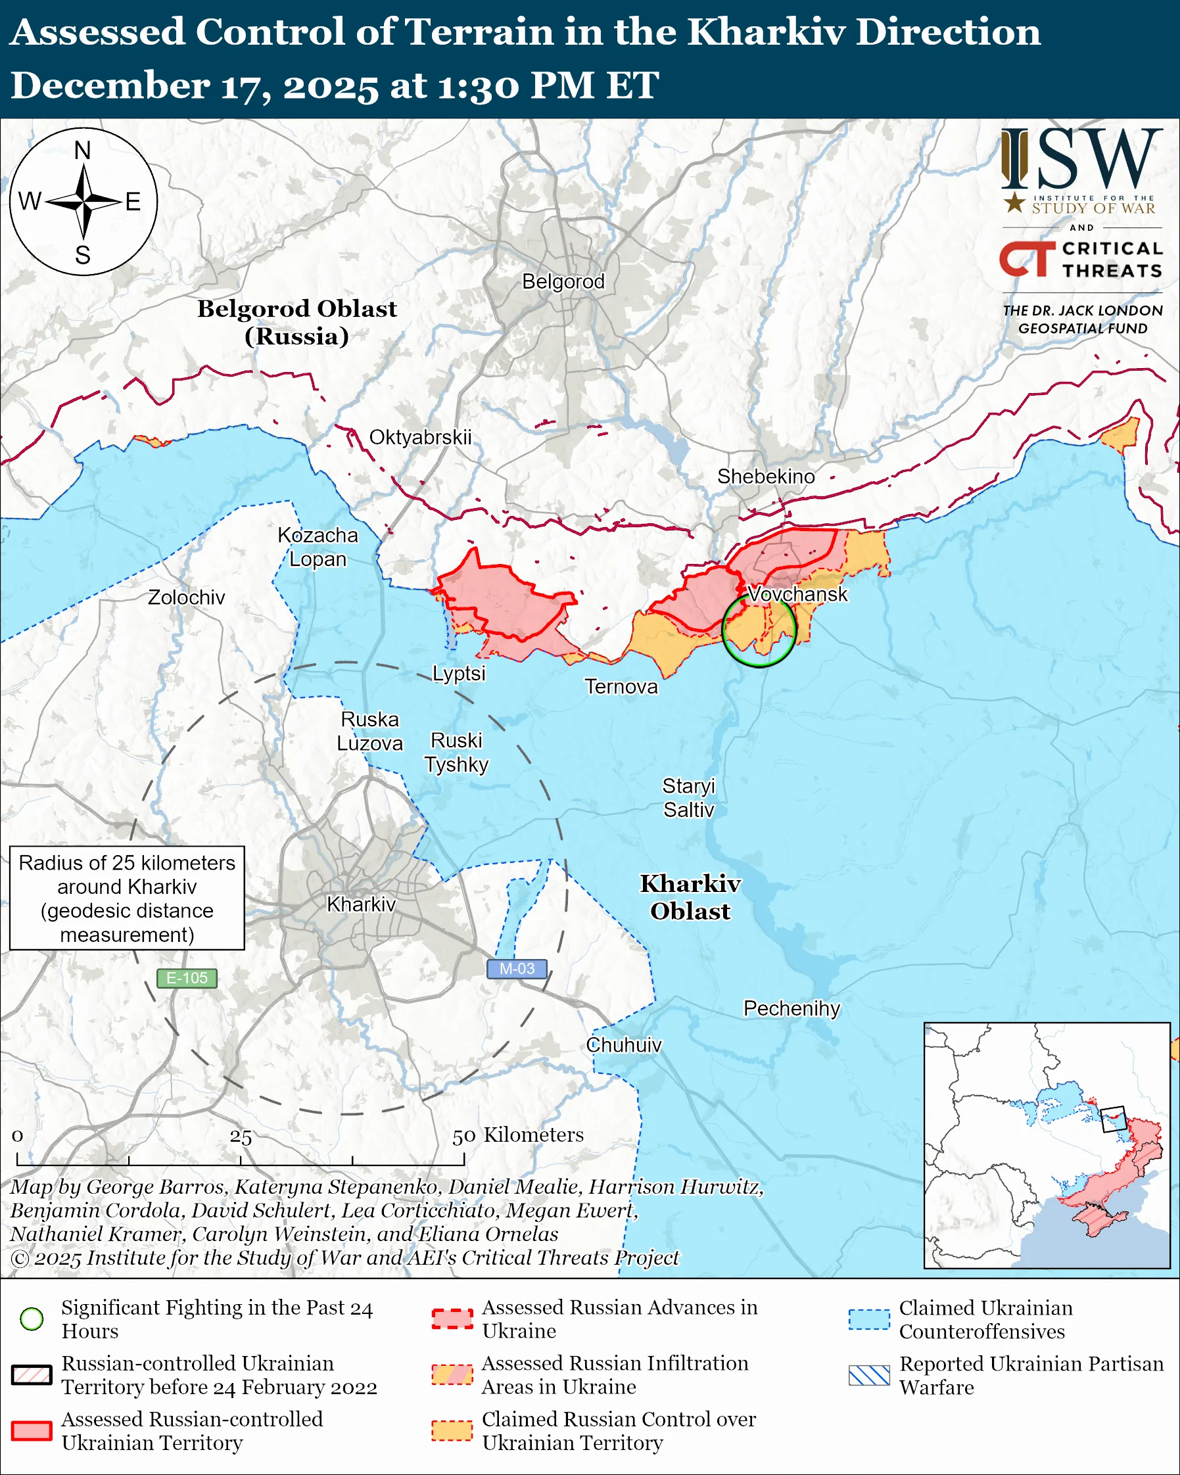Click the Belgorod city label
tap(563, 281)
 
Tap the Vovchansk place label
tap(797, 594)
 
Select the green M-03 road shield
tap(517, 969)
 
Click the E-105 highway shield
tap(187, 978)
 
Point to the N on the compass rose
tap(83, 151)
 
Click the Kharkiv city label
tap(361, 904)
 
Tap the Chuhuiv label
tap(624, 1044)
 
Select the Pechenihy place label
tap(791, 1008)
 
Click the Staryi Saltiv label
tap(688, 798)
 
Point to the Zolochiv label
tap(186, 597)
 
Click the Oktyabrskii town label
tap(420, 437)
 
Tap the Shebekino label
tap(765, 476)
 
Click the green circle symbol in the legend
tap(32, 1319)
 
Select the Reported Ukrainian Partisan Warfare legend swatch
tap(869, 1375)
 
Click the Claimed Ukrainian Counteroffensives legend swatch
tap(869, 1319)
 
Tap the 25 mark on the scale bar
tap(241, 1137)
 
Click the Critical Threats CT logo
tap(1027, 259)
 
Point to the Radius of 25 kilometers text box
tap(128, 899)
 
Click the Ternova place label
tap(621, 686)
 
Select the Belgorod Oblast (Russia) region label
tap(297, 322)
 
